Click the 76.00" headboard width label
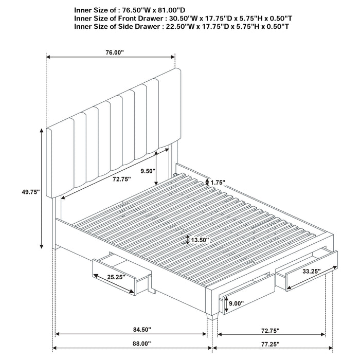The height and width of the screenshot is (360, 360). coord(112,52)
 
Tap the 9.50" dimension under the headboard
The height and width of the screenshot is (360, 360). coord(147,172)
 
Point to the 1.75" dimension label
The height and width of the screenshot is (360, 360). coord(219,182)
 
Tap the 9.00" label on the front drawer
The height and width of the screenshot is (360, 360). coord(238,303)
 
